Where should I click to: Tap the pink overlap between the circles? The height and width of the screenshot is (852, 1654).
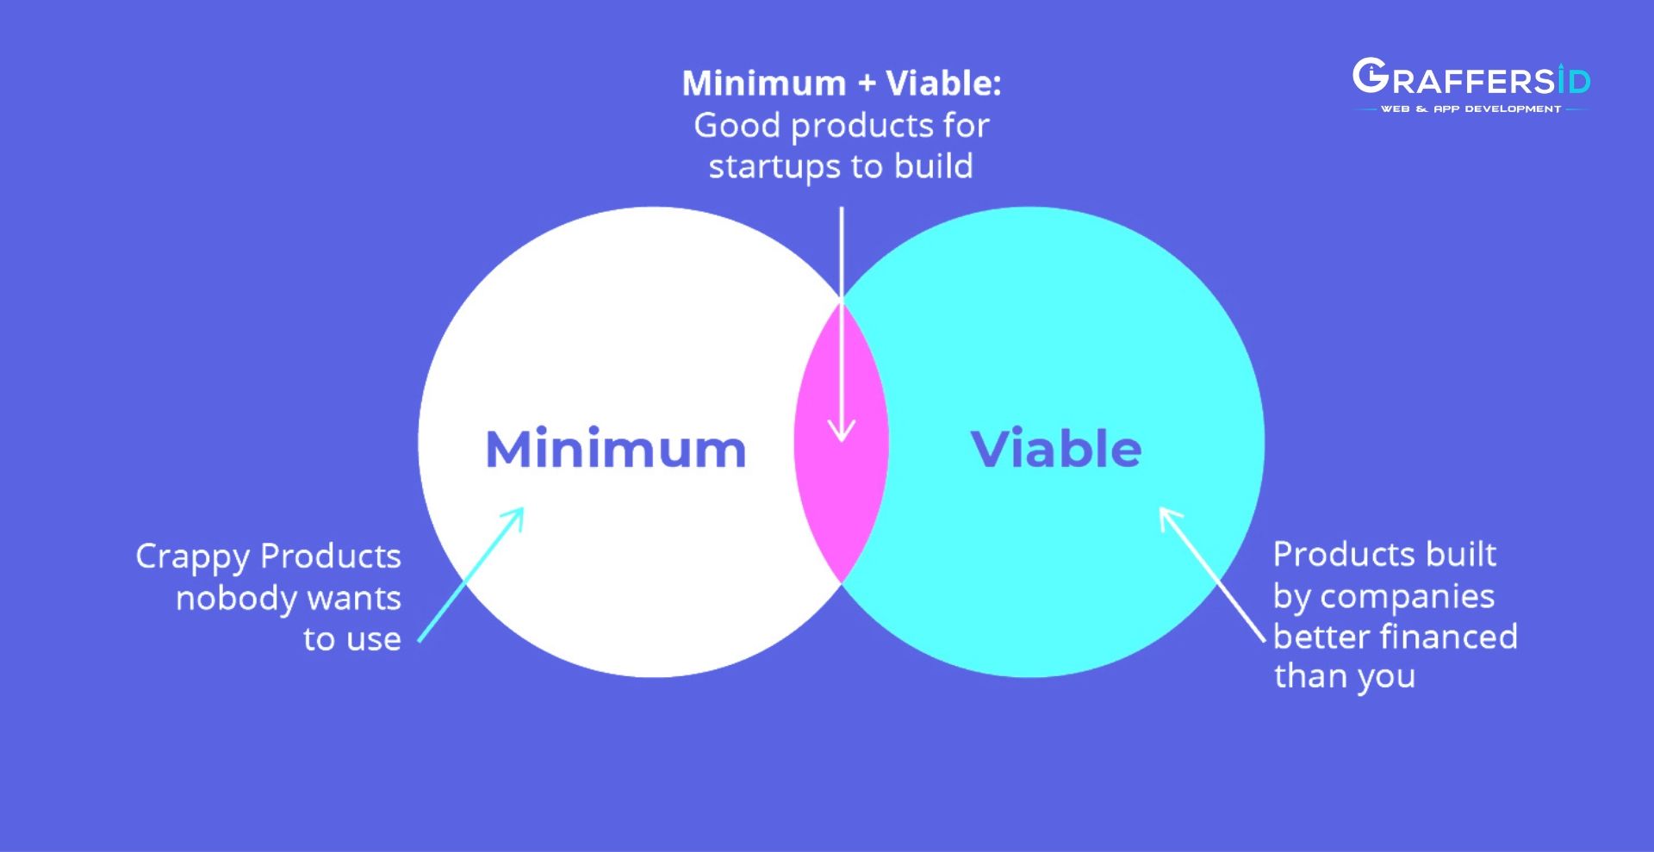[x=841, y=441]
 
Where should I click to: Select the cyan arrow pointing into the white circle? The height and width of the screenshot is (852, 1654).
[x=471, y=575]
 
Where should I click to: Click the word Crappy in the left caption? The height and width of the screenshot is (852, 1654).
[x=192, y=557]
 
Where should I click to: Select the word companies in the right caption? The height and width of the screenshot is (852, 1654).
[x=1407, y=597]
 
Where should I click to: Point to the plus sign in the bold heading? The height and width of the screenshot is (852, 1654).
[x=867, y=84]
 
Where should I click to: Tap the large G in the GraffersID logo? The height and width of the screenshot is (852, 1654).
[x=1370, y=76]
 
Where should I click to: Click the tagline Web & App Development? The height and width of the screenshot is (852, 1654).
[x=1471, y=109]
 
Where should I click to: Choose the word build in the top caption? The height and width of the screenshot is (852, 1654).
[x=934, y=165]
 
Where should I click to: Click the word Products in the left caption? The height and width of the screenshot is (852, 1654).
[x=331, y=557]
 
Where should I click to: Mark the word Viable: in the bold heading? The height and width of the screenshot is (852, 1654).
[x=943, y=84]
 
